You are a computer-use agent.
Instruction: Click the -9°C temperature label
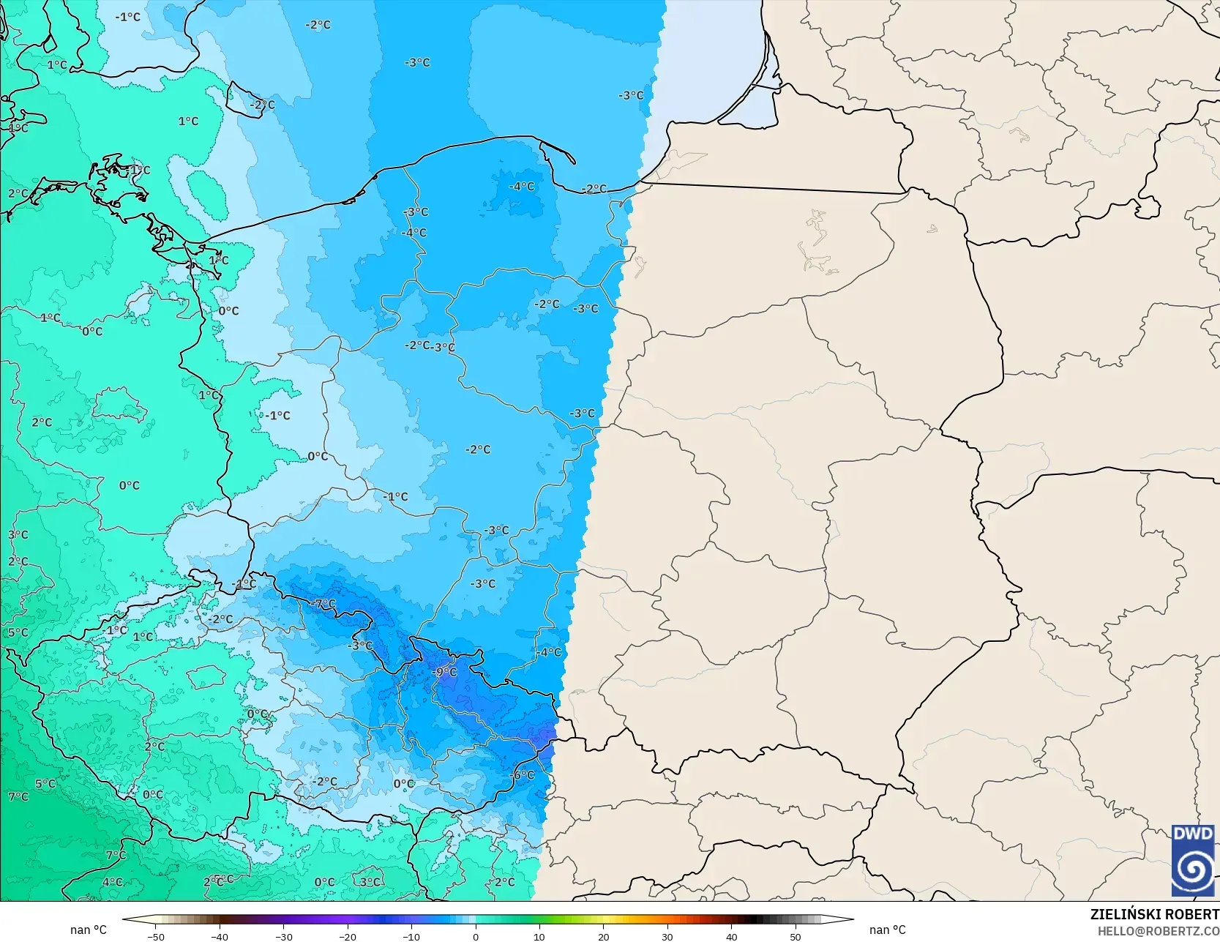[445, 672]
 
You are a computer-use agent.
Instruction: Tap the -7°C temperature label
[323, 604]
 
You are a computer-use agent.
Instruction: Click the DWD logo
[1193, 860]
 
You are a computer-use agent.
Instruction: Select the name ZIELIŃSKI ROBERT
[1154, 914]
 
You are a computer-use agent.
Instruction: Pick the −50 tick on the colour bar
[155, 936]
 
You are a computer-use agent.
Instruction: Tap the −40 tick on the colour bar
[219, 936]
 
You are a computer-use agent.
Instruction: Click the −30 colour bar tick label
[283, 936]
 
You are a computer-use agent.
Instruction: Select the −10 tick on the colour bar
[411, 936]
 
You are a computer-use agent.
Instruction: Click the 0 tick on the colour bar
[475, 936]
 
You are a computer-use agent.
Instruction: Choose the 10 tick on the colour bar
[539, 936]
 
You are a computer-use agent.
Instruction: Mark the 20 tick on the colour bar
[603, 936]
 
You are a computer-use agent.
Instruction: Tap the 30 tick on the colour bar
[667, 936]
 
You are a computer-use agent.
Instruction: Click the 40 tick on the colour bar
[731, 936]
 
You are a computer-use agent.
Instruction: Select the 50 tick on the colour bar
[796, 936]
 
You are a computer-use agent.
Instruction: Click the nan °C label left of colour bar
[89, 930]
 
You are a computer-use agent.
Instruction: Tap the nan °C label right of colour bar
[887, 930]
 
